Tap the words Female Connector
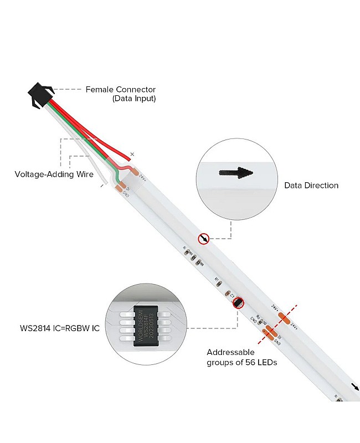pos(120,90)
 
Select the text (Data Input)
pos(134,99)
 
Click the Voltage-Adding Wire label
pos(54,174)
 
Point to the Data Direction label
pos(311,186)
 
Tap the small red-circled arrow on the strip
pos(204,239)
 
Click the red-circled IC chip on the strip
pos(239,302)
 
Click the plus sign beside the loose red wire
pos(132,153)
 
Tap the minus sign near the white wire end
pos(101,187)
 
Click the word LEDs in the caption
pos(266,363)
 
